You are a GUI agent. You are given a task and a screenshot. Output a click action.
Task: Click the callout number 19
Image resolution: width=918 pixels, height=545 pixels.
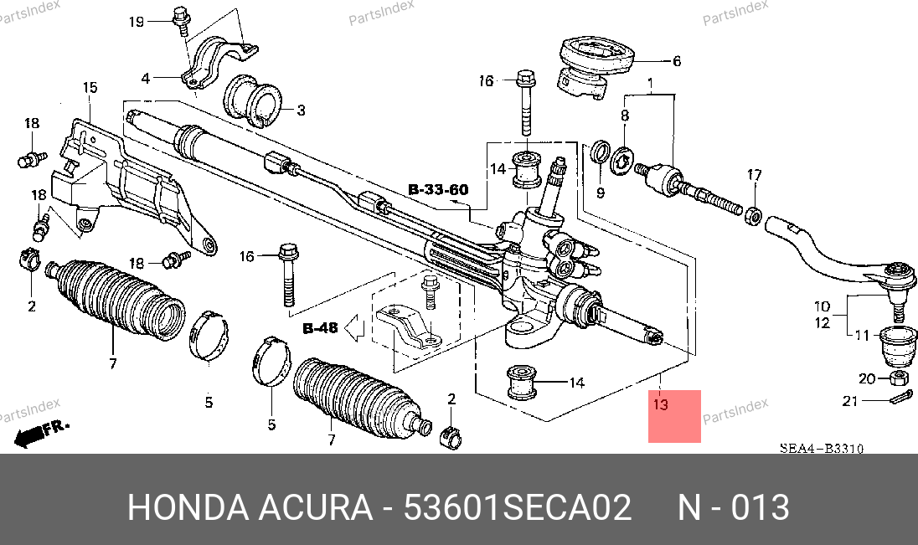pos(137,22)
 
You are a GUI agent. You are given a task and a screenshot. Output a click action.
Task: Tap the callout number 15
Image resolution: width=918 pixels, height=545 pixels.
pos(90,87)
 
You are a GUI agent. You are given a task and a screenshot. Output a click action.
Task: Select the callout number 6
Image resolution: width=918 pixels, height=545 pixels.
pos(677,61)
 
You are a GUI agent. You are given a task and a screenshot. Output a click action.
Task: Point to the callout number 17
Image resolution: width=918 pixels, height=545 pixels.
pos(755,174)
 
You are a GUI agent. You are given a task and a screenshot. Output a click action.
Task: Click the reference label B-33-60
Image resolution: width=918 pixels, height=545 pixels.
pos(439,190)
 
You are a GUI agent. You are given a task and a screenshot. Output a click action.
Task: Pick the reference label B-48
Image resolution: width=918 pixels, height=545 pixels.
pos(320,328)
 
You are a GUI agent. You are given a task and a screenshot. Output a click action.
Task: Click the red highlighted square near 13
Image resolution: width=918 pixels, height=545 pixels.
pos(674,416)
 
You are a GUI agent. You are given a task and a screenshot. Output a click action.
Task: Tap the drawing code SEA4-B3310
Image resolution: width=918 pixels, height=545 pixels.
pos(822,449)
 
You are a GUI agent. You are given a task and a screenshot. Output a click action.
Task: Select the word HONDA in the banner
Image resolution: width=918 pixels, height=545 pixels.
pos(188,507)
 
